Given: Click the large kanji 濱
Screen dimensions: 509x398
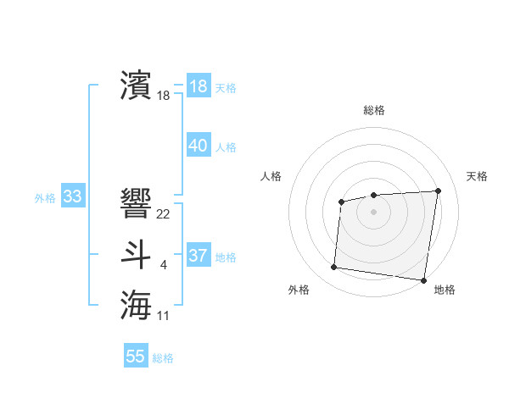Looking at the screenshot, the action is click(137, 85).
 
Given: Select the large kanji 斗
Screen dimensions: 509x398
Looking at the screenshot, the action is click(137, 255).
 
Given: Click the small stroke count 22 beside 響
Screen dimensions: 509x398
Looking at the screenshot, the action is click(164, 213).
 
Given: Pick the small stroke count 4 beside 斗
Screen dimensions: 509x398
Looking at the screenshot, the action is click(164, 266).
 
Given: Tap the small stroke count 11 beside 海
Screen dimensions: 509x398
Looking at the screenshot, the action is click(164, 316).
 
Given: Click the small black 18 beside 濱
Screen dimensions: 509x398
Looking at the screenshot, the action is click(164, 96).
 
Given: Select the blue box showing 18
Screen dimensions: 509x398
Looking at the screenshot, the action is click(199, 86).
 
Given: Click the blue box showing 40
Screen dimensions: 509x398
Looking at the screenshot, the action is click(199, 146).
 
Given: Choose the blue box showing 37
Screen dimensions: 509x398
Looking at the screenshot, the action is click(199, 256).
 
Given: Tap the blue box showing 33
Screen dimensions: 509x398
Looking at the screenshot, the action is click(72, 197).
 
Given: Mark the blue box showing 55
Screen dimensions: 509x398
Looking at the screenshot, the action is click(136, 357).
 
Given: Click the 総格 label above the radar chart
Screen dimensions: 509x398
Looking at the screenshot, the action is click(374, 110).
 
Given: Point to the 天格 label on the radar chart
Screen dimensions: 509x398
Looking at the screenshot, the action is click(477, 176).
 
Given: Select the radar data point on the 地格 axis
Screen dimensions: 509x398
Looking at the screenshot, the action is click(423, 280).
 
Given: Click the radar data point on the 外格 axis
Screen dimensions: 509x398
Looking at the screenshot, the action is click(333, 268).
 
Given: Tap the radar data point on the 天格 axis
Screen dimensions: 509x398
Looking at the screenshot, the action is click(438, 191).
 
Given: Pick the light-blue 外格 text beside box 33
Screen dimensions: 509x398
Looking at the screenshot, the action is click(45, 198).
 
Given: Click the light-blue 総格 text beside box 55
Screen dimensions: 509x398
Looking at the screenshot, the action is click(163, 358).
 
